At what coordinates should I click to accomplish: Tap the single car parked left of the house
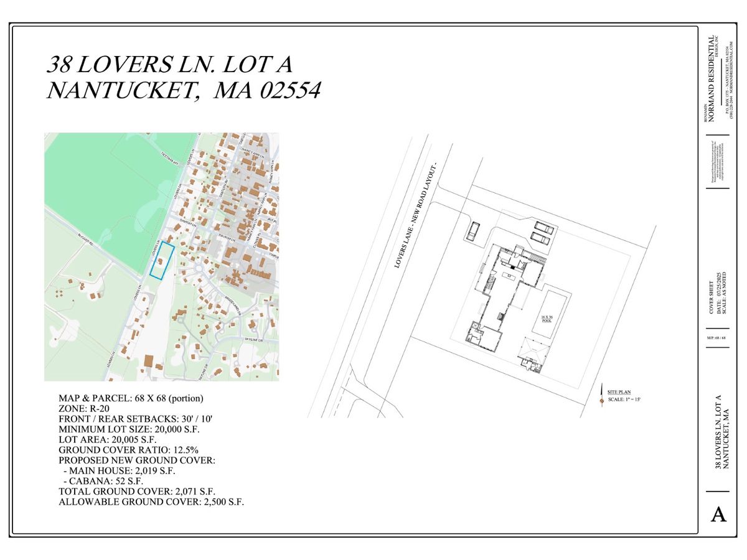[473, 231]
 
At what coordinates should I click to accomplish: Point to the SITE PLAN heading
[619, 392]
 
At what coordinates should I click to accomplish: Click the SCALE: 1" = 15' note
[623, 399]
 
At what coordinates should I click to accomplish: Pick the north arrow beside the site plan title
[601, 396]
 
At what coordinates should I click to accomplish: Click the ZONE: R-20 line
[87, 408]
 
